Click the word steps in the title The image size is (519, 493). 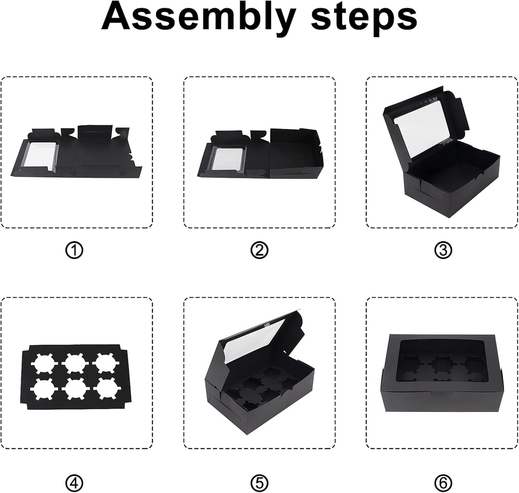click(364, 18)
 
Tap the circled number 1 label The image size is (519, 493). click(74, 250)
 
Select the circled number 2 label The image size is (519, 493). click(259, 250)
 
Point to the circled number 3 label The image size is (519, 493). click(443, 250)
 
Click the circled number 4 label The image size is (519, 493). click(74, 483)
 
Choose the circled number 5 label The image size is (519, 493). click(259, 483)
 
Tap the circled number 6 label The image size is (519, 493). click(443, 483)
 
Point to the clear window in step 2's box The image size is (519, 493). click(227, 159)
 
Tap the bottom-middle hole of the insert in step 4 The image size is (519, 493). click(76, 389)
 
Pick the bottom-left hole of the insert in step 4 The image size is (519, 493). click(44, 389)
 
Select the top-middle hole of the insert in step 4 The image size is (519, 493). click(76, 363)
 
